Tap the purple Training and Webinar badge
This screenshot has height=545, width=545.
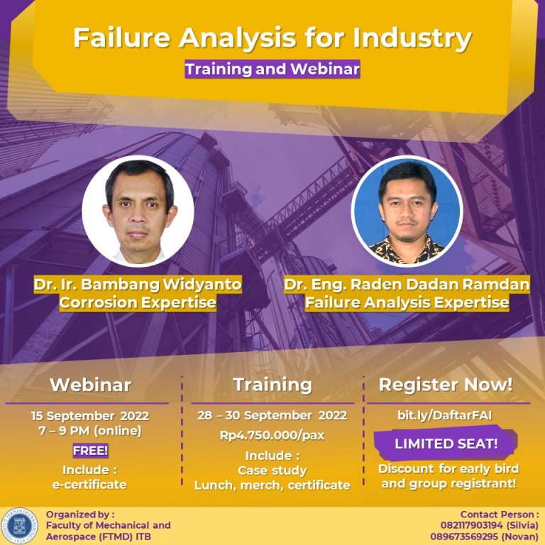click(x=272, y=70)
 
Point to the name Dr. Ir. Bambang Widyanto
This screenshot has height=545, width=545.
click(x=138, y=285)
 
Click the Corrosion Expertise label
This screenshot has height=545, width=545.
click(x=138, y=303)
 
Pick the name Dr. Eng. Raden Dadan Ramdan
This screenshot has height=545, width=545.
click(x=407, y=285)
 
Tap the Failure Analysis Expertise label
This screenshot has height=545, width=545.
click(x=407, y=303)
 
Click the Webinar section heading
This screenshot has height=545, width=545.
click(x=90, y=385)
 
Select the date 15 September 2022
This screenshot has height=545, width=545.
click(x=90, y=415)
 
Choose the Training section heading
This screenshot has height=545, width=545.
click(x=272, y=385)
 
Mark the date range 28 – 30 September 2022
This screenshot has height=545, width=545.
click(x=272, y=415)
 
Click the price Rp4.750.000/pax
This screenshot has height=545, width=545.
click(x=272, y=435)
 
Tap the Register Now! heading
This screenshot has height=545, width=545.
click(x=446, y=385)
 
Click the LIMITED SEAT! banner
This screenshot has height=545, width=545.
click(x=446, y=444)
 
